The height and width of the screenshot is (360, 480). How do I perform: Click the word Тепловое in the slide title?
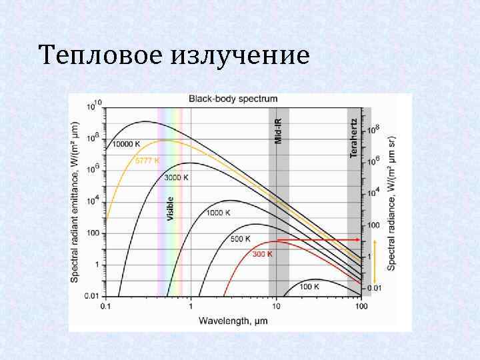99,55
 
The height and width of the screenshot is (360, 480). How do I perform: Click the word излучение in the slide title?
240,55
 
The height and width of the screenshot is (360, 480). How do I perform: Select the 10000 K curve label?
126,144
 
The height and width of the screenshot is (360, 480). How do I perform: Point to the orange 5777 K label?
147,160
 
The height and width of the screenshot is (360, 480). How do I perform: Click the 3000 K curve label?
177,177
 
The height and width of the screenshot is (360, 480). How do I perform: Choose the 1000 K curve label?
218,213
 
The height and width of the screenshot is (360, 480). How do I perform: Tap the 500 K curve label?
240,238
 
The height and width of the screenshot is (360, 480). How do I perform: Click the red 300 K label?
262,254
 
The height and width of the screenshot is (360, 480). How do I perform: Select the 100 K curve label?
309,287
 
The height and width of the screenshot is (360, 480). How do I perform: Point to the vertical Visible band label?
170,209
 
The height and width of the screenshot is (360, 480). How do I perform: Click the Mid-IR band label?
279,131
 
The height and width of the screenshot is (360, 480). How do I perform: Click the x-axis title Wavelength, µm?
233,321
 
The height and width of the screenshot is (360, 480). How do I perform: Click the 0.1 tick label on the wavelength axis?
105,307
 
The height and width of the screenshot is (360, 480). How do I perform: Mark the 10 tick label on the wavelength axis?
276,307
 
